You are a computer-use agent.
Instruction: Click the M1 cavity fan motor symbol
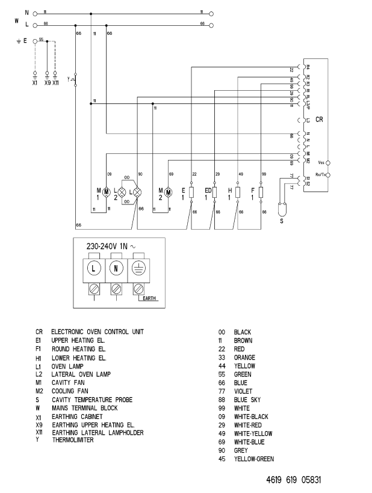click(107, 192)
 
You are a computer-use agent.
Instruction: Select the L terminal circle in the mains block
click(96, 266)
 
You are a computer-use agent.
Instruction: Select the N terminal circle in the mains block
click(116, 266)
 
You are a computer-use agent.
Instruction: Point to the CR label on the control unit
click(319, 120)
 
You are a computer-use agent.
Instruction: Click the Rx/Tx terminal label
click(320, 175)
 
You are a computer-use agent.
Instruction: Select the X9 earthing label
click(47, 82)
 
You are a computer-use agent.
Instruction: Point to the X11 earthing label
click(55, 82)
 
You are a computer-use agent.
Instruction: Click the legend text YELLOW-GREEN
click(254, 459)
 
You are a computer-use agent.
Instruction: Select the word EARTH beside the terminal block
click(146, 297)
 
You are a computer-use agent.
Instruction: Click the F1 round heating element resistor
click(261, 192)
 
